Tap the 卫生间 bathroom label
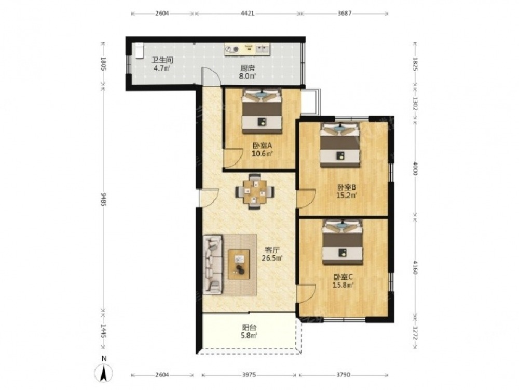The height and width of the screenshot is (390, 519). (162, 60)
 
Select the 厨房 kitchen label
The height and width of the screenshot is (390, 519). (248, 69)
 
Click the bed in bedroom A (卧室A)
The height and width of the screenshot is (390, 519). (262, 111)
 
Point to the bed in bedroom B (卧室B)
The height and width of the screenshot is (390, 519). (340, 145)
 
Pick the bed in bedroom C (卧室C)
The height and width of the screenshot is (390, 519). (343, 242)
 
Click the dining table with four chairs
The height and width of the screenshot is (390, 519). (254, 192)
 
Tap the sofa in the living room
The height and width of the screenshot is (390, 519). (212, 265)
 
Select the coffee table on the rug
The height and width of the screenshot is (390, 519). (239, 264)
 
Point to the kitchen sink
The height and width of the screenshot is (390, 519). (263, 49)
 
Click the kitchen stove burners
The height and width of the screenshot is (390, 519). (232, 50)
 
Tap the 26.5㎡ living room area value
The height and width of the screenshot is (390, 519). (272, 258)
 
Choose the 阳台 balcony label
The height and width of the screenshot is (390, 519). (249, 328)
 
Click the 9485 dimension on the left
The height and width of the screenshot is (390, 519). (103, 200)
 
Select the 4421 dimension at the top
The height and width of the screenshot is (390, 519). (248, 14)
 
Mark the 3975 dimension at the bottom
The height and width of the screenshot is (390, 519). (249, 375)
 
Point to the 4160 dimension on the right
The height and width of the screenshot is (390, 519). (415, 267)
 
